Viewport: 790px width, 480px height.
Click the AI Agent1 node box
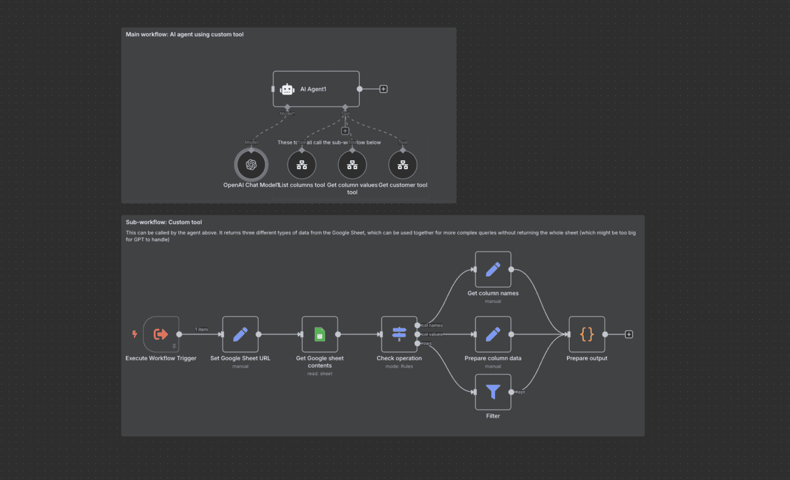[315, 89]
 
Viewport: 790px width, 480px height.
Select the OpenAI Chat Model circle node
[251, 165]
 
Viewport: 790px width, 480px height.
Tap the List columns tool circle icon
[302, 165]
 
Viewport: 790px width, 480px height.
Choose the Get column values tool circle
[352, 165]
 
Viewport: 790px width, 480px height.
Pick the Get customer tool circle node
[402, 165]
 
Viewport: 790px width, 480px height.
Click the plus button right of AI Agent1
[383, 89]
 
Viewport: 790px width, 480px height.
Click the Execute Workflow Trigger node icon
[161, 334]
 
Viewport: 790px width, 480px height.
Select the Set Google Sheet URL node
[240, 334]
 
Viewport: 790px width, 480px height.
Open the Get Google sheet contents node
[320, 334]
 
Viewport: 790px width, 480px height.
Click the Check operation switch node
[399, 334]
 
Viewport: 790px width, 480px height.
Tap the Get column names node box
[493, 269]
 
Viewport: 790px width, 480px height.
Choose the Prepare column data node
[493, 334]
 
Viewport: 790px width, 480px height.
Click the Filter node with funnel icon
[493, 392]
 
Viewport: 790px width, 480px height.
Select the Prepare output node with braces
[586, 334]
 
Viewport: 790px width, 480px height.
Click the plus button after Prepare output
[629, 334]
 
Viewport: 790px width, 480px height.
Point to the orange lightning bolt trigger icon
[135, 334]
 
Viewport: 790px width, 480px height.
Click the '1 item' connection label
[201, 329]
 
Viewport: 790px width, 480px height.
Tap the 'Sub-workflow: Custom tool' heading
[164, 222]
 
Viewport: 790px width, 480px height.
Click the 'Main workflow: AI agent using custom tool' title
[185, 35]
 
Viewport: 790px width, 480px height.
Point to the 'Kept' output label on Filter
[520, 392]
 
